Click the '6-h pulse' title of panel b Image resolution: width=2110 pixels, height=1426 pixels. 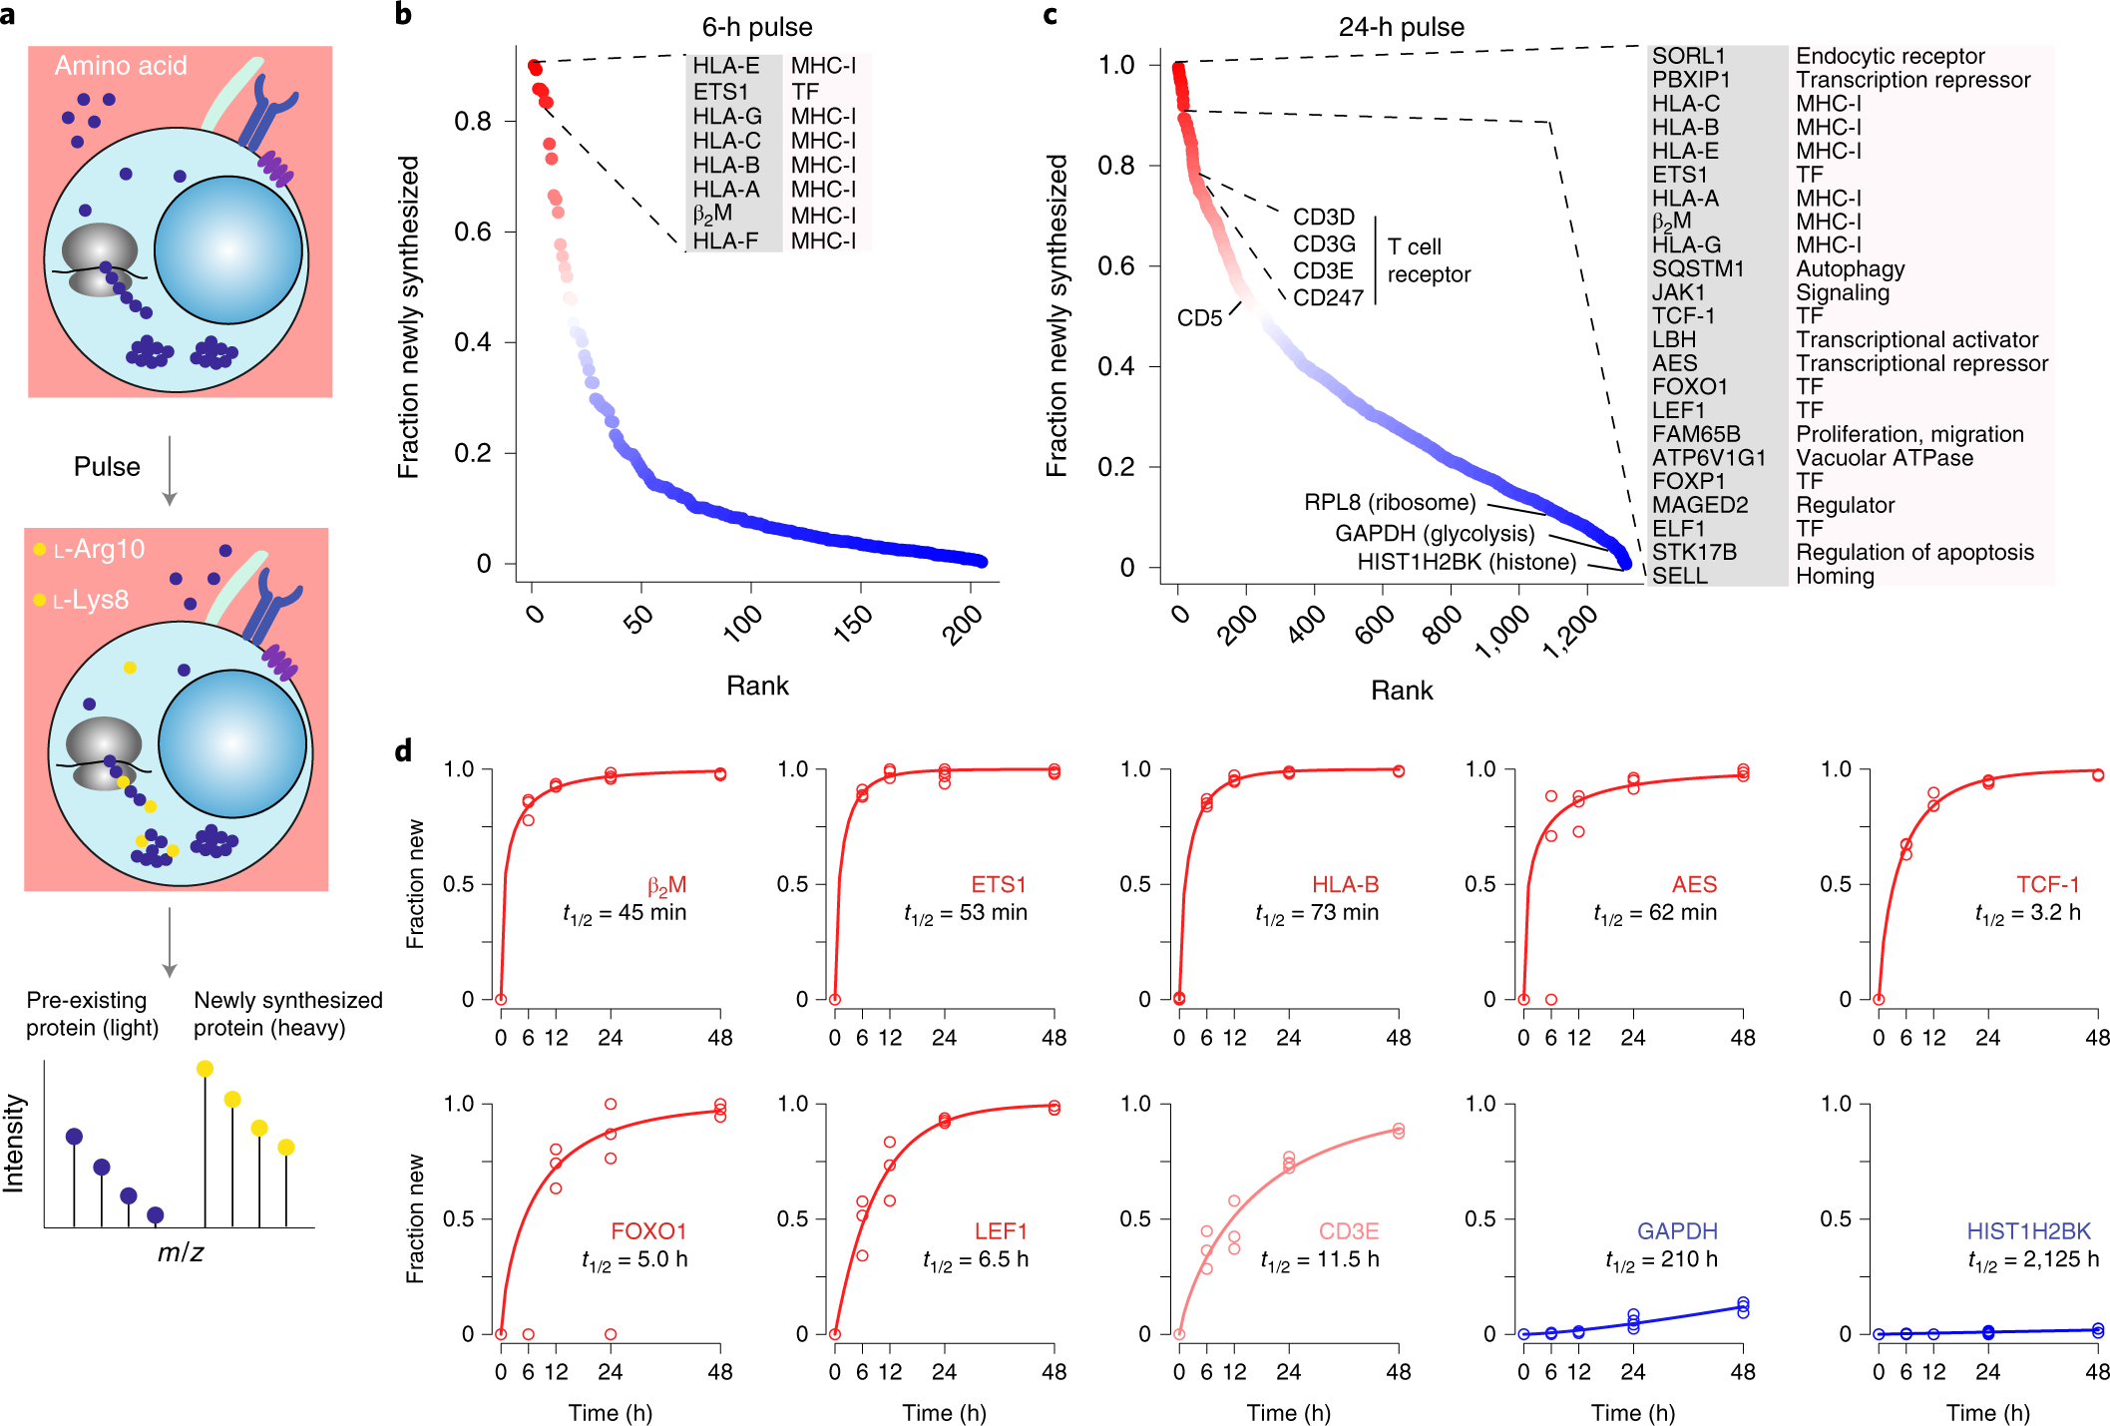pyautogui.click(x=757, y=27)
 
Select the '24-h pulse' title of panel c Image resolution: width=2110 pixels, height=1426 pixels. pyautogui.click(x=1401, y=27)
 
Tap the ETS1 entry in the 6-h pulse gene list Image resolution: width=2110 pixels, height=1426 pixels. pyautogui.click(x=720, y=91)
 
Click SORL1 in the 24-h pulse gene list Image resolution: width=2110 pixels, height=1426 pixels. pyautogui.click(x=1688, y=56)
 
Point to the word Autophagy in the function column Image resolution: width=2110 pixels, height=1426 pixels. pyautogui.click(x=1851, y=268)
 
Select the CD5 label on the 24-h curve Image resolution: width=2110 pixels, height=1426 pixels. pyautogui.click(x=1199, y=318)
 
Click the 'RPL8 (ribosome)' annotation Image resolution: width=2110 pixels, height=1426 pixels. pyautogui.click(x=1390, y=502)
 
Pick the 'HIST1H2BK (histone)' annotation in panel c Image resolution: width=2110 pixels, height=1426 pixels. pyautogui.click(x=1467, y=562)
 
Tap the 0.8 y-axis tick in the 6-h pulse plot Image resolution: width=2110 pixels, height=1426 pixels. pyautogui.click(x=473, y=121)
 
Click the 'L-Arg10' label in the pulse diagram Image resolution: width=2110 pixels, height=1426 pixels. pyautogui.click(x=99, y=549)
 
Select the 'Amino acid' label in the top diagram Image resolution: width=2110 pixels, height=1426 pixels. pyautogui.click(x=121, y=66)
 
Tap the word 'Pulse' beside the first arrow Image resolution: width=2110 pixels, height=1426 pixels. pyautogui.click(x=107, y=466)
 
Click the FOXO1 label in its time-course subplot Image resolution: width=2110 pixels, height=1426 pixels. pyautogui.click(x=648, y=1230)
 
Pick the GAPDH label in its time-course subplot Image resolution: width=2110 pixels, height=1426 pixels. pyautogui.click(x=1677, y=1230)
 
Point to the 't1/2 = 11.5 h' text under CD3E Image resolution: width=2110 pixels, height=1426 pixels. pyautogui.click(x=1320, y=1260)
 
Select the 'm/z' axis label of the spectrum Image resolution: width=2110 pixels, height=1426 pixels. pyautogui.click(x=181, y=1252)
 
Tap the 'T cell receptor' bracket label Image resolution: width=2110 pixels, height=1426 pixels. pyautogui.click(x=1429, y=260)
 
